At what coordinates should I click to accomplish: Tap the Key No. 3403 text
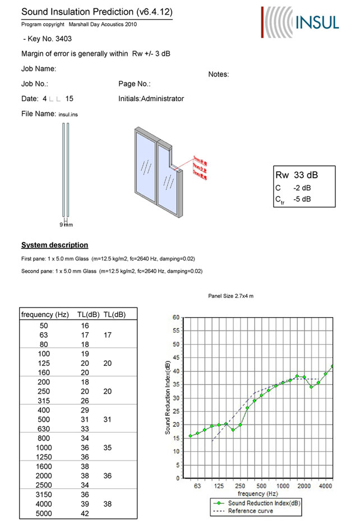48,39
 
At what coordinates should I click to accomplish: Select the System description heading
54,245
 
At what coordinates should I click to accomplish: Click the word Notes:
219,74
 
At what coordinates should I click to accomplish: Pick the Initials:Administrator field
151,99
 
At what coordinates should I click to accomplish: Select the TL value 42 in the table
84,513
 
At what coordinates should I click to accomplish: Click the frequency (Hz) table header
45,314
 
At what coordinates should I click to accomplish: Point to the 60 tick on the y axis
176,318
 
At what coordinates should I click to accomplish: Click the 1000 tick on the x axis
283,487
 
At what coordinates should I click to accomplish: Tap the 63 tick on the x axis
197,487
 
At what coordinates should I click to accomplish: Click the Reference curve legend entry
250,511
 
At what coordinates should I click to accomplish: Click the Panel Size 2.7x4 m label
230,296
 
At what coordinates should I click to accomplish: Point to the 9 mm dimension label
67,224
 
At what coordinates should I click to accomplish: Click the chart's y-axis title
167,397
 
